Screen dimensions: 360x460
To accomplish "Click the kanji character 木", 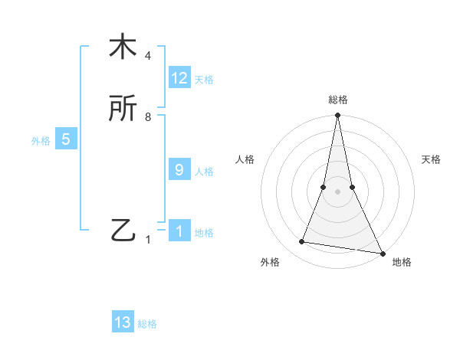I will pos(123,47).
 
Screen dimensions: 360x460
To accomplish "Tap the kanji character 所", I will pos(123,110).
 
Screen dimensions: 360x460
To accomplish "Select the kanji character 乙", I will pos(123,231).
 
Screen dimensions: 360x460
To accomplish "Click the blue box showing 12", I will pos(179,78).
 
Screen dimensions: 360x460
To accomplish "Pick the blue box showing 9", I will pos(179,170).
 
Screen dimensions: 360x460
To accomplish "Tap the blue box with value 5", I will pos(66,139).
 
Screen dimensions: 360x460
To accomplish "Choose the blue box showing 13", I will pos(123,322).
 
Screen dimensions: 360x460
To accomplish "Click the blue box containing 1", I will pos(179,231).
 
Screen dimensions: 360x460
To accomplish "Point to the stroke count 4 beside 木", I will pos(148,56).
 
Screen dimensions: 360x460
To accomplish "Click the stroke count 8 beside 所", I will pos(148,117).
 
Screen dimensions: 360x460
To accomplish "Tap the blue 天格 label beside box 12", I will pos(204,80).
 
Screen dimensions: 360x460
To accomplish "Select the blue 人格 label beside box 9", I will pos(204,172).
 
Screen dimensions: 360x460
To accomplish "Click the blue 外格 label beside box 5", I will pos(41,141).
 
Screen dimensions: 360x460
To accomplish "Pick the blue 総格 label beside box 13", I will pos(147,324).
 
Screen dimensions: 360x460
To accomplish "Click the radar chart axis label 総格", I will pos(338,100).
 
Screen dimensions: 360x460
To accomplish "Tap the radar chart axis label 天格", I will pos(432,159).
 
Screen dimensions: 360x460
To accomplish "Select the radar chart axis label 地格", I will pos(402,263).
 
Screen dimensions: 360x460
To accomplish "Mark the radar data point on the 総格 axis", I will pos(337,116).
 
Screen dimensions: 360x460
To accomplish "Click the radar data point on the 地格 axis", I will pos(381,252).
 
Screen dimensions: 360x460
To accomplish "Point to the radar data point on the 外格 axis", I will pos(302,242).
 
